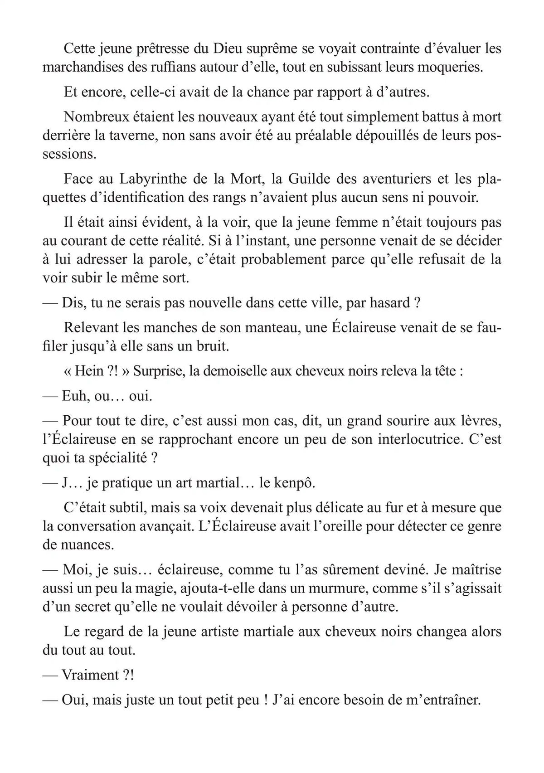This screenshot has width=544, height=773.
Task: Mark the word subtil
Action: click(x=121, y=508)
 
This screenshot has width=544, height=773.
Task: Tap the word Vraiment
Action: click(x=90, y=675)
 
